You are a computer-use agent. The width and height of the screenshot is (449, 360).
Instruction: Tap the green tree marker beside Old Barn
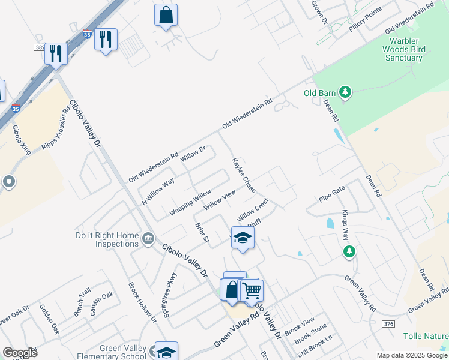(x=345, y=92)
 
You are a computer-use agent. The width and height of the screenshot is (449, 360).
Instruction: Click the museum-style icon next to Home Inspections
(x=148, y=240)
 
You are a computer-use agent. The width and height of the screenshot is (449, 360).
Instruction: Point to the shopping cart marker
(x=251, y=290)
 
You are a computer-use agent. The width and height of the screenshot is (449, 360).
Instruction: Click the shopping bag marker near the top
(x=166, y=14)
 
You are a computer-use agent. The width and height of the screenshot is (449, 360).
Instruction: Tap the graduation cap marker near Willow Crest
(x=243, y=238)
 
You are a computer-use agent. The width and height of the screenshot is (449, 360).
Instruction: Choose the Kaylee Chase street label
(x=244, y=175)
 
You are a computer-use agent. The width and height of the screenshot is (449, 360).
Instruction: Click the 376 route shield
(x=388, y=324)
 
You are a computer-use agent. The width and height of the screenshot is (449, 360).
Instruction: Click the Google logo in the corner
(x=20, y=353)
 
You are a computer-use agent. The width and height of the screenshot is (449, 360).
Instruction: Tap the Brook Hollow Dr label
(x=143, y=304)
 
